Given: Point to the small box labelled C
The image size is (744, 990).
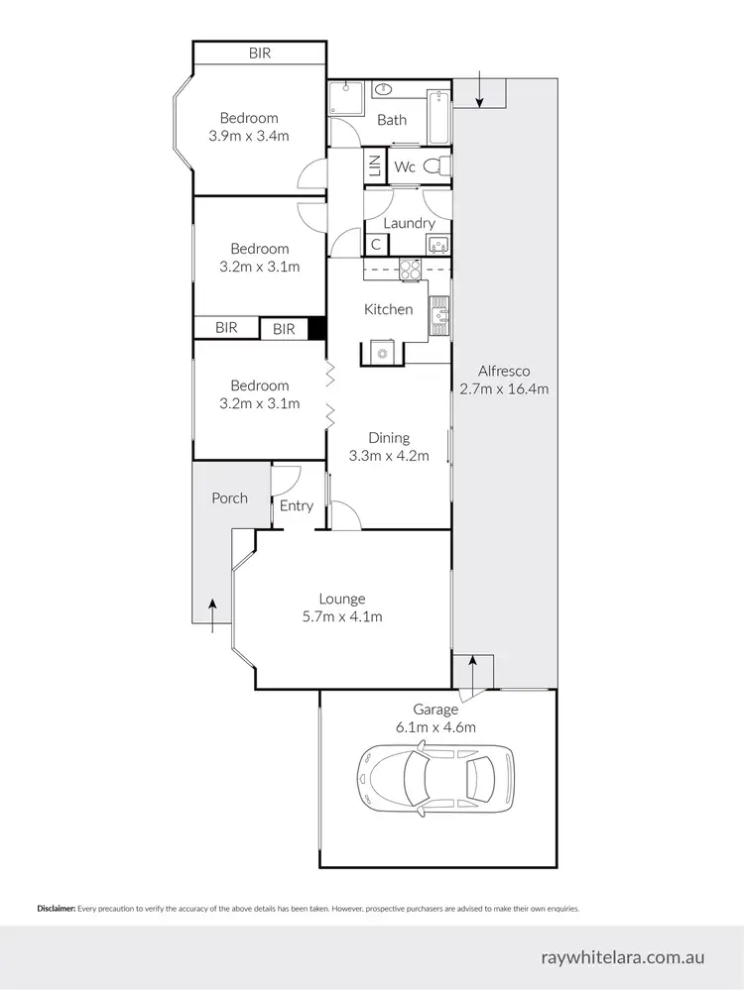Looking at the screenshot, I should [376, 244].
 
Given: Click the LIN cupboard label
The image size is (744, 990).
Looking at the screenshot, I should [375, 166].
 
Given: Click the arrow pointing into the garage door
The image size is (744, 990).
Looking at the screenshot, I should [473, 675].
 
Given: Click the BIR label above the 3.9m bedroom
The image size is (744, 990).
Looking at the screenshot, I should [259, 54].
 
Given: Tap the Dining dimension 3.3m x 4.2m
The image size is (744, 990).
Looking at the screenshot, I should [389, 456].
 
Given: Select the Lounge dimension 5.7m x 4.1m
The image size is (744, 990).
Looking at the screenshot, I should [342, 616].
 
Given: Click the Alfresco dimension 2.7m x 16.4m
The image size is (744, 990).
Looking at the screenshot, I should [504, 389].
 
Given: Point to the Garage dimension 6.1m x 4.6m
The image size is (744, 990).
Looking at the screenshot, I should [435, 726].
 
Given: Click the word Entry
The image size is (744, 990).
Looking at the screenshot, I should [297, 505].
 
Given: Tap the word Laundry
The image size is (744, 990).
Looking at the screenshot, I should [409, 223].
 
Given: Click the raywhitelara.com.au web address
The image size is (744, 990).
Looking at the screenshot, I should [623, 957].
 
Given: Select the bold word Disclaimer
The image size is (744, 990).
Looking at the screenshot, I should [56, 908].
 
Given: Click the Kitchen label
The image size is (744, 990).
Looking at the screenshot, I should [388, 309].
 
